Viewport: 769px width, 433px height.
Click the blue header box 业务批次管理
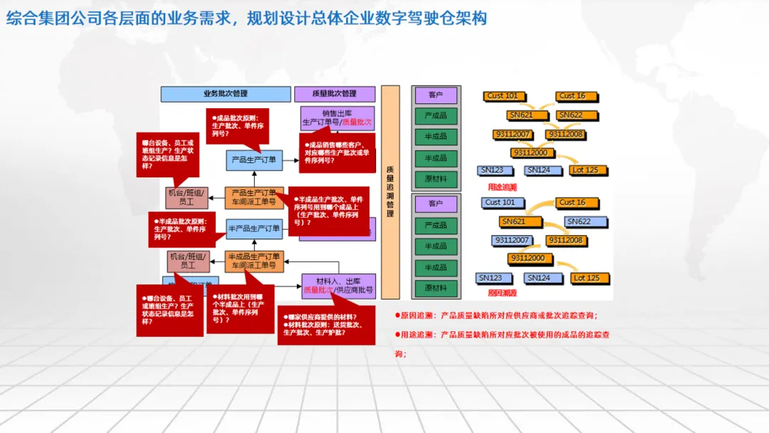(225, 93)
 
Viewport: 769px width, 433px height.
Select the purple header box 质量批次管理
(335, 93)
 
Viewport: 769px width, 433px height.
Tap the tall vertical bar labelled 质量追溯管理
(390, 192)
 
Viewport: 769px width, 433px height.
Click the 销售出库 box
(338, 118)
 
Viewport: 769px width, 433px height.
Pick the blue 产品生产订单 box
(254, 160)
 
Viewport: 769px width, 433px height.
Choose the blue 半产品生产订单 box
(254, 228)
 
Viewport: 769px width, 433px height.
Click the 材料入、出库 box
(338, 286)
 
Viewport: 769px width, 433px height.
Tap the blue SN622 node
(578, 221)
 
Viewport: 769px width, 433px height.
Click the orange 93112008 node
(565, 134)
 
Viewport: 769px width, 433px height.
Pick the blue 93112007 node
(511, 240)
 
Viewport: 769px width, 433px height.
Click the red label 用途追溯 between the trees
(502, 187)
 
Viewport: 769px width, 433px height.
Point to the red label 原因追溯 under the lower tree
(502, 293)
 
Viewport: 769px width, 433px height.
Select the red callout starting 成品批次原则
(237, 124)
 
